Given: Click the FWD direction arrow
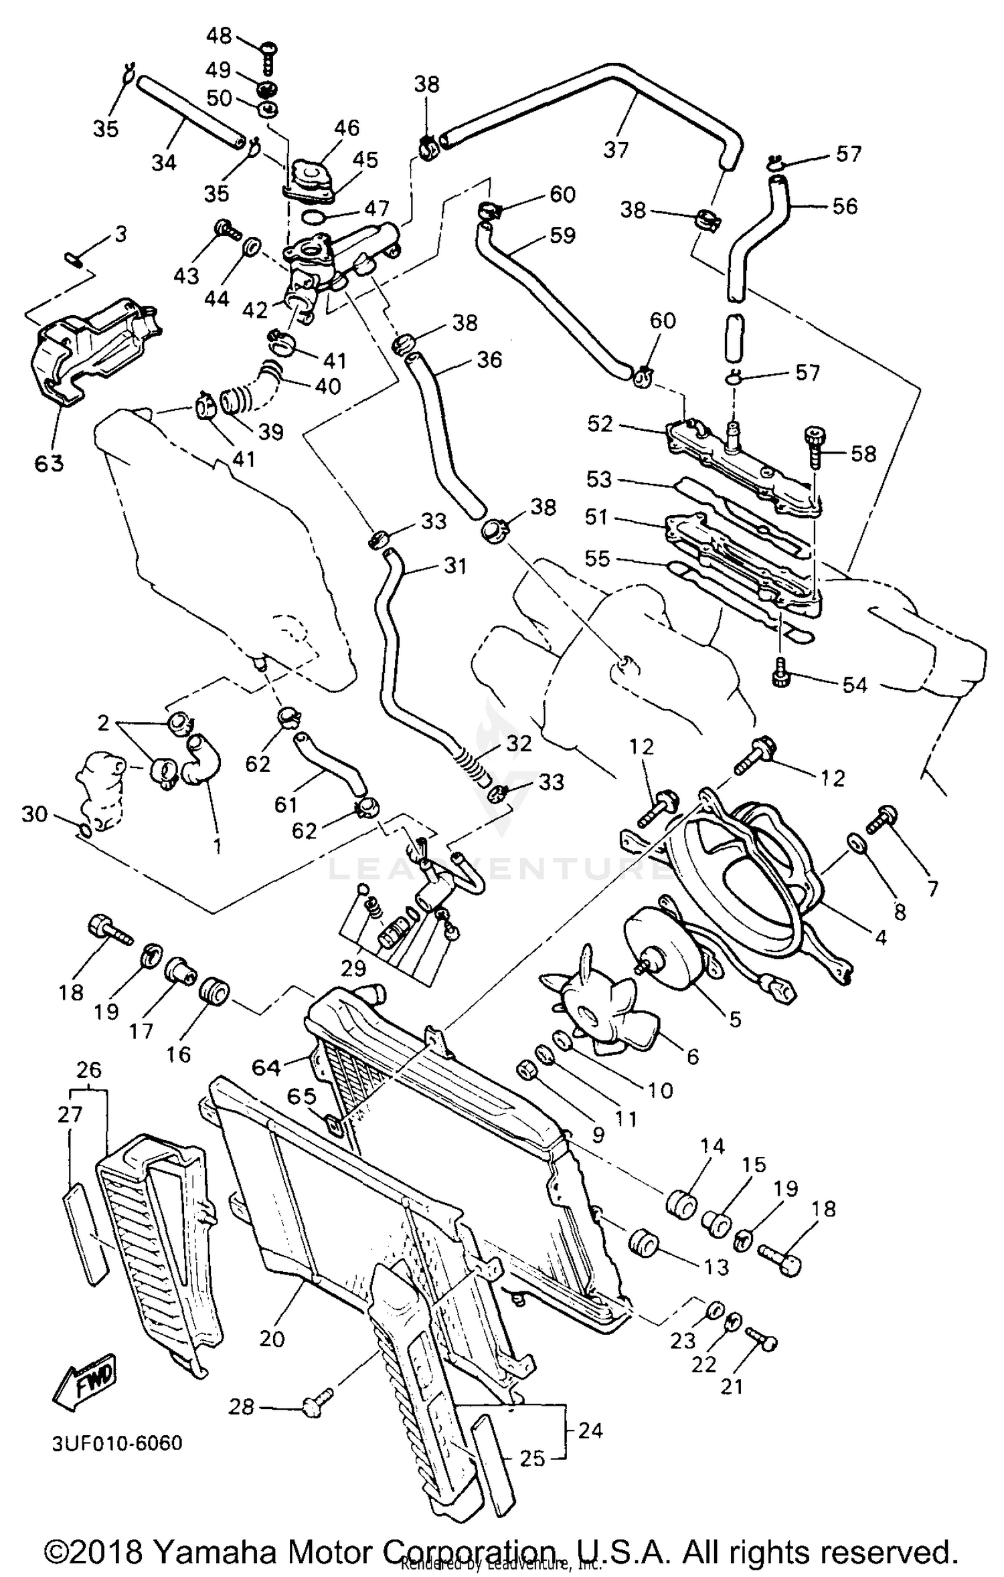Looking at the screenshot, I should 84,1380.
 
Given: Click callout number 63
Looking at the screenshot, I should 49,462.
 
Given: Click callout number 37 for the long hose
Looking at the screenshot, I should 616,149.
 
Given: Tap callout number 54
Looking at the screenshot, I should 855,684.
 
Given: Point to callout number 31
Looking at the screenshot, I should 455,566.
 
